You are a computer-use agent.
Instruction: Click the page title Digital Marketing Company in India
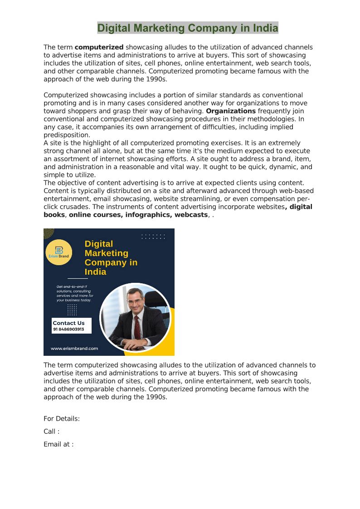(x=188, y=28)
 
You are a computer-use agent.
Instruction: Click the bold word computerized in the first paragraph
(x=99, y=47)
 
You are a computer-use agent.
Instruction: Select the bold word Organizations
(x=231, y=111)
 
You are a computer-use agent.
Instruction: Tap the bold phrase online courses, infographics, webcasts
(x=138, y=215)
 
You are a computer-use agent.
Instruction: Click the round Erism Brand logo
(x=58, y=252)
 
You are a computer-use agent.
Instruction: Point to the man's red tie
(x=136, y=326)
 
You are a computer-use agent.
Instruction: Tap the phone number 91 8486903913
(x=68, y=330)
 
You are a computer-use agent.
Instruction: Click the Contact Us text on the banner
(x=68, y=323)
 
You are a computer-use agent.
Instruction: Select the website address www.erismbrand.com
(x=74, y=349)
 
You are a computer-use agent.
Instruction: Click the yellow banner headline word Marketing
(x=107, y=253)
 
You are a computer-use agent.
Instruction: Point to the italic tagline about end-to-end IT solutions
(x=75, y=293)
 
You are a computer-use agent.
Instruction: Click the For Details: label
(x=62, y=419)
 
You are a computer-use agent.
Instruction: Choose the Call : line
(x=51, y=431)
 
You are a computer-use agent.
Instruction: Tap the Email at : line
(x=58, y=444)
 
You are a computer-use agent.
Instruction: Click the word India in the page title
(x=266, y=28)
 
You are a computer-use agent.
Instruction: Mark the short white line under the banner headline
(x=78, y=278)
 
